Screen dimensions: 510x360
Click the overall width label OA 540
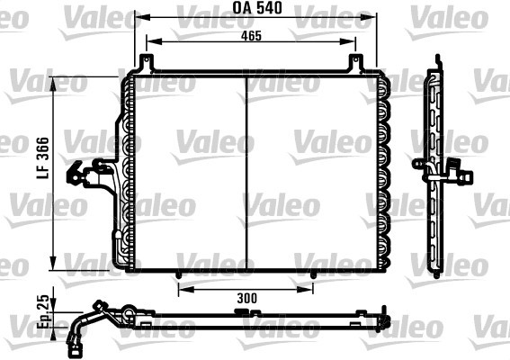[x=257, y=8]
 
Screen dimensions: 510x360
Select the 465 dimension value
[x=251, y=36]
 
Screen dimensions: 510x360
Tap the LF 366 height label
[x=43, y=157]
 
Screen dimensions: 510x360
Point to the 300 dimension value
[x=246, y=298]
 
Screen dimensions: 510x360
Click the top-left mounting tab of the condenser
[x=147, y=62]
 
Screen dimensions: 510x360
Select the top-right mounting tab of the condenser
[x=356, y=62]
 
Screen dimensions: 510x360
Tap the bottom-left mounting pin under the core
[x=178, y=275]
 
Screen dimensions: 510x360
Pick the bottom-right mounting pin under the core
[x=313, y=275]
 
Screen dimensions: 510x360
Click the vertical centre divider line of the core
[x=246, y=173]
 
